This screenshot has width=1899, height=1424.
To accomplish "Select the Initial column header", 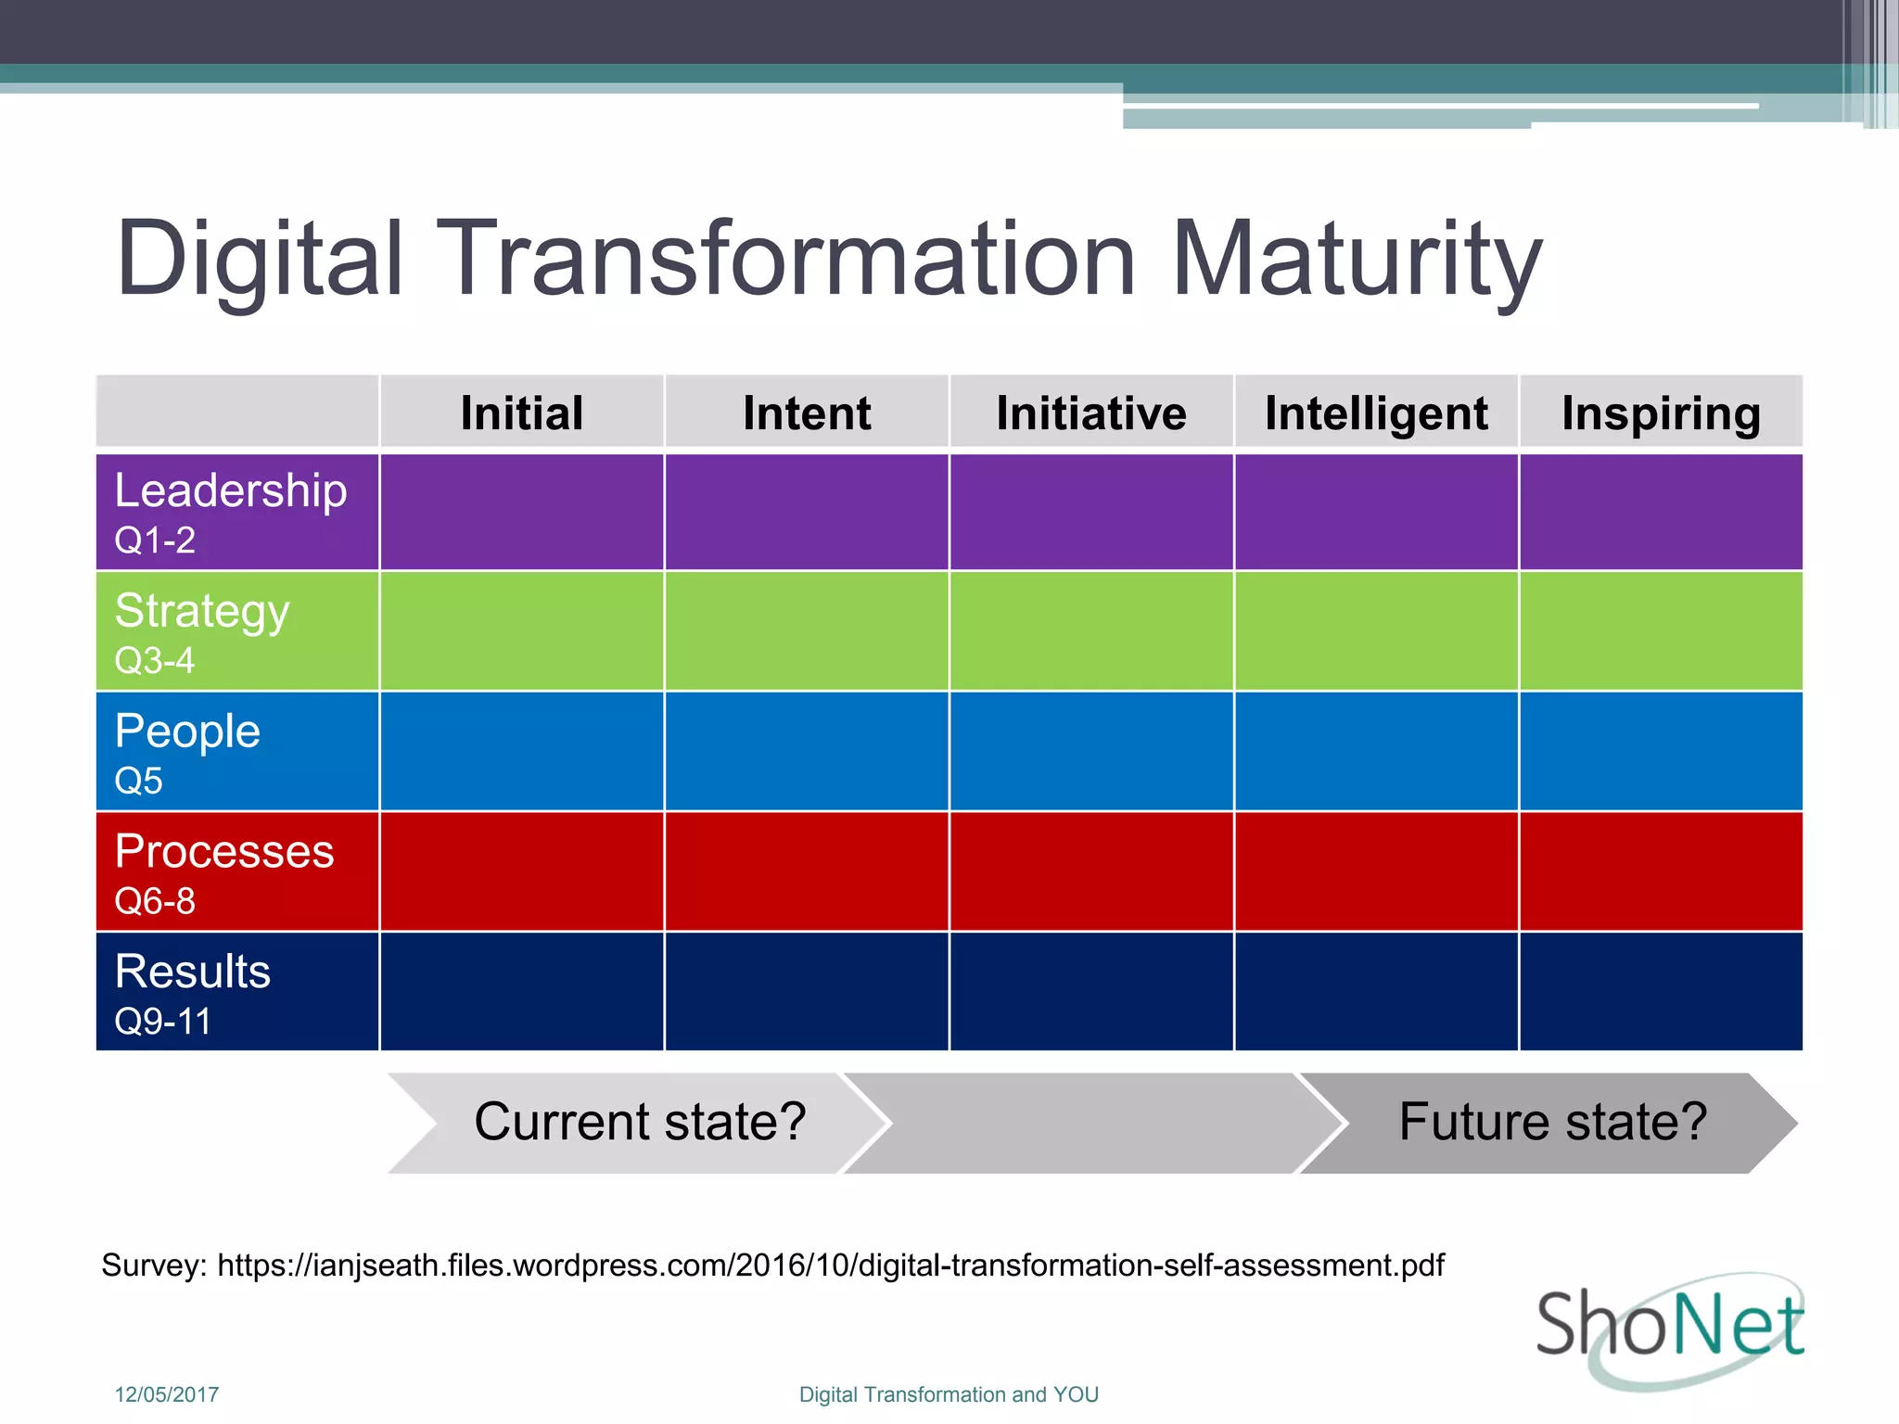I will pyautogui.click(x=522, y=413).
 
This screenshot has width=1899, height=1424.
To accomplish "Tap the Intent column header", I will pyautogui.click(x=807, y=413).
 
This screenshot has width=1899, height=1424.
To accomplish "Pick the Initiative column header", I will pyautogui.click(x=1091, y=413).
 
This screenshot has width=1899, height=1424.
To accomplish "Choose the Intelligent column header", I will pyautogui.click(x=1376, y=413).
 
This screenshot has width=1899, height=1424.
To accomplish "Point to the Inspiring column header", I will pyautogui.click(x=1661, y=413).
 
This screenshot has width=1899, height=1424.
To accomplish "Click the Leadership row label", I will pyautogui.click(x=230, y=490).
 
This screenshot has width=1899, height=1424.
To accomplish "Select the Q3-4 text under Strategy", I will pyautogui.click(x=154, y=661).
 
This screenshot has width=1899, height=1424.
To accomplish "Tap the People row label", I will pyautogui.click(x=187, y=731).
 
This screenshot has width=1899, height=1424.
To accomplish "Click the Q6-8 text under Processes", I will pyautogui.click(x=154, y=901).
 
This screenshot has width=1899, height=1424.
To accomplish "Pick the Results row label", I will pyautogui.click(x=193, y=972).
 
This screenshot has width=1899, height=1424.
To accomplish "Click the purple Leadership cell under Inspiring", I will pyautogui.click(x=1661, y=512).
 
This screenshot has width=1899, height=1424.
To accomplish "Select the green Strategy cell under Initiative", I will pyautogui.click(x=1091, y=631).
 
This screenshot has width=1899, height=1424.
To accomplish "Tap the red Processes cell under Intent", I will pyautogui.click(x=807, y=871).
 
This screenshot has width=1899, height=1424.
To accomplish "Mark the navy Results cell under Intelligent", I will pyautogui.click(x=1376, y=991).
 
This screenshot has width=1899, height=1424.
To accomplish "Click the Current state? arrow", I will pyautogui.click(x=640, y=1122).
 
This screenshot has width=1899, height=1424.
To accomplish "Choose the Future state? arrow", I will pyautogui.click(x=1552, y=1122).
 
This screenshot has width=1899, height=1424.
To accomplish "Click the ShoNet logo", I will pyautogui.click(x=1669, y=1328).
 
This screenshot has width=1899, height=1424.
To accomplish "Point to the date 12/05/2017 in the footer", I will pyautogui.click(x=167, y=1394).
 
